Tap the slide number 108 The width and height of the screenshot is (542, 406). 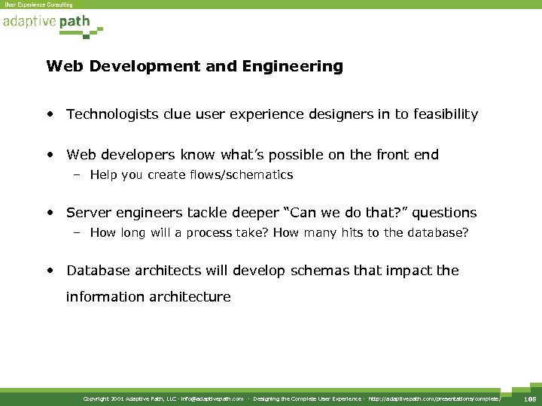[528, 398]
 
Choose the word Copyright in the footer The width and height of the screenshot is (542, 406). [96, 398]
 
